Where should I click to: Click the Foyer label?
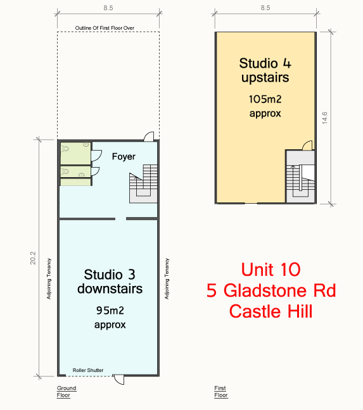coord(124,157)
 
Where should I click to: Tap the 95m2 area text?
coord(110,311)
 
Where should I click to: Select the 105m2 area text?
coord(265,99)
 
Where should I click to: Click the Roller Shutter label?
coord(88,370)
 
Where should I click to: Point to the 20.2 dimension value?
coord(33,258)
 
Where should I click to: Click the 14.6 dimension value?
coord(324,118)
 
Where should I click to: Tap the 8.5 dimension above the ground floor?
coord(108,8)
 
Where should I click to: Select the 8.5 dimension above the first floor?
coord(265,8)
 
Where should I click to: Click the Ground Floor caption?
coord(67,392)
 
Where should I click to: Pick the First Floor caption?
coord(221,392)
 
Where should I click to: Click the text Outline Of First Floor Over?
coord(105,28)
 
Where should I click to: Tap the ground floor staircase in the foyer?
coord(143,183)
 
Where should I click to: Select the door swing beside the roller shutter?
coord(118,380)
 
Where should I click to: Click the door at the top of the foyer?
coord(149,136)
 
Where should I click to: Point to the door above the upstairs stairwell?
coord(307,146)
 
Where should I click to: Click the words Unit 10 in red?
coord(271,270)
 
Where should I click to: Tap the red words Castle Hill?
coord(271,311)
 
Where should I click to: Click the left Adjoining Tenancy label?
coord(49,279)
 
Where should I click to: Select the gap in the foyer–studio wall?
coord(120,218)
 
